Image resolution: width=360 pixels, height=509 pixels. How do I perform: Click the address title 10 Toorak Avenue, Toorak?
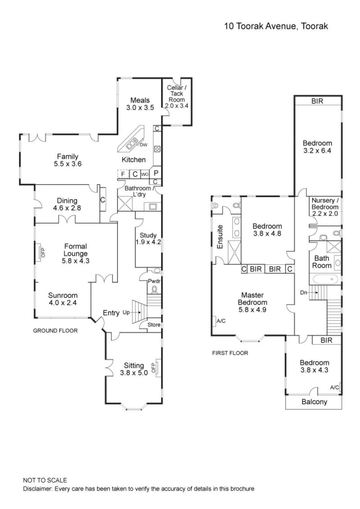(276, 26)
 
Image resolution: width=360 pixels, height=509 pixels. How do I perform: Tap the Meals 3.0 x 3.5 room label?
(139, 104)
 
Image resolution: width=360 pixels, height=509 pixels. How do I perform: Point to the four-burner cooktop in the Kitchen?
(157, 149)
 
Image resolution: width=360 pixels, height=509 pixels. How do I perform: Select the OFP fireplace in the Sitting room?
(153, 367)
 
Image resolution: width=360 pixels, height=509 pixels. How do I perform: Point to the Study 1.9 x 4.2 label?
(148, 238)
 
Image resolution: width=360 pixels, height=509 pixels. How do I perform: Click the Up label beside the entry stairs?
(127, 312)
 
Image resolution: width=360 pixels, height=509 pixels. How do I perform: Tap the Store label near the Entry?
(153, 324)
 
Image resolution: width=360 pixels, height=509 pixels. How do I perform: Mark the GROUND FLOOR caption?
(55, 330)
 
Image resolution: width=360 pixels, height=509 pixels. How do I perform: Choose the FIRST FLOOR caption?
(230, 353)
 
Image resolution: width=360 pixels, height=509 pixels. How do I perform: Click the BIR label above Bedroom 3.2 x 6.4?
(317, 102)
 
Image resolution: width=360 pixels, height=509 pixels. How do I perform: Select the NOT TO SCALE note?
(45, 480)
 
